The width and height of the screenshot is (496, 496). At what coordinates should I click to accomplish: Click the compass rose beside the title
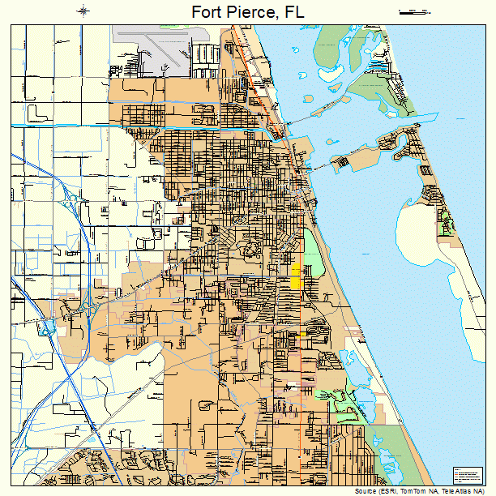click(83, 11)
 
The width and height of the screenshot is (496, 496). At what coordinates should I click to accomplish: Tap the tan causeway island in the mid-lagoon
click(342, 161)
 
